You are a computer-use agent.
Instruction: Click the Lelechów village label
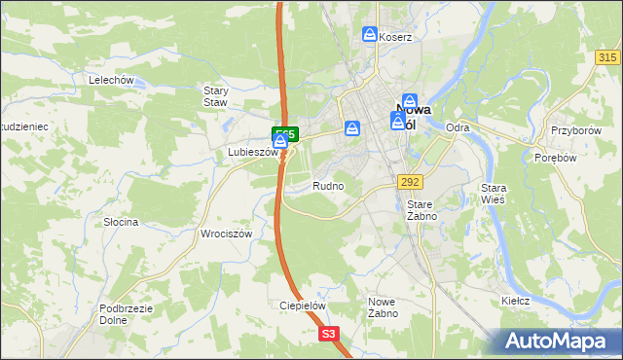(x=109, y=80)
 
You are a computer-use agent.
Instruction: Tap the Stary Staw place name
(x=215, y=96)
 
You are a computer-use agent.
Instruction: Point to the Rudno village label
(x=328, y=185)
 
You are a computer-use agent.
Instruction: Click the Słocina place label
(x=121, y=222)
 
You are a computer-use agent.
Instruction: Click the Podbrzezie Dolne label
(x=122, y=313)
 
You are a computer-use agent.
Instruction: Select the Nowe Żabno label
(x=381, y=307)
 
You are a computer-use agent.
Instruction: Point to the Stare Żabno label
(x=421, y=210)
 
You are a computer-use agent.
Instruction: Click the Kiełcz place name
(x=515, y=301)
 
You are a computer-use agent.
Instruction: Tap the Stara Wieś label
(x=495, y=193)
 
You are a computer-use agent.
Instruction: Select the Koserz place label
(x=396, y=37)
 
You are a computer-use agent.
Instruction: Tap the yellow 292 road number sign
(x=409, y=181)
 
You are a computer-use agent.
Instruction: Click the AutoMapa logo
(x=560, y=341)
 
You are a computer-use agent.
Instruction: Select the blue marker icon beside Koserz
(x=370, y=35)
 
